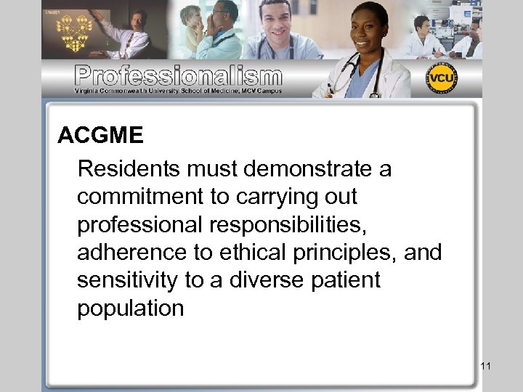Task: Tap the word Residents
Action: coord(128,169)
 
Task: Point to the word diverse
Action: coord(256,280)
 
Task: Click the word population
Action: coord(131,309)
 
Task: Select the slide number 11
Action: coord(486,366)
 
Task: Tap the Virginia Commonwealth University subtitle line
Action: coord(178,91)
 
